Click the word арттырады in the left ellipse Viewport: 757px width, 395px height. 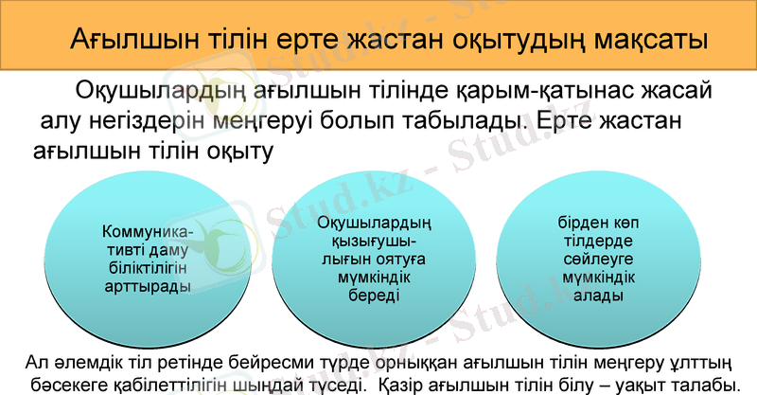coord(146,284)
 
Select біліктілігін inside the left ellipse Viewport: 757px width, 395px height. coord(146,267)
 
